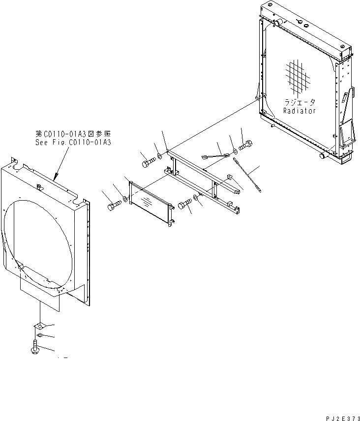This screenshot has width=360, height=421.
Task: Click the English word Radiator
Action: coord(300,111)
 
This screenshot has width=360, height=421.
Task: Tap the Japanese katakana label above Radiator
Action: coord(300,103)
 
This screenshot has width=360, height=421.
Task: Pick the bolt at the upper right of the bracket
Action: coord(245,146)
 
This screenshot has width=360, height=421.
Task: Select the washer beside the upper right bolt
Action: coord(234,147)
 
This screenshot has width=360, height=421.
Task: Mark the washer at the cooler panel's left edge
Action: coord(126,199)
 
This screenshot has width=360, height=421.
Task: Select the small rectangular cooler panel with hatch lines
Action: coord(150,202)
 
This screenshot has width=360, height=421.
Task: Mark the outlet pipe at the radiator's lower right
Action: coord(324,155)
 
